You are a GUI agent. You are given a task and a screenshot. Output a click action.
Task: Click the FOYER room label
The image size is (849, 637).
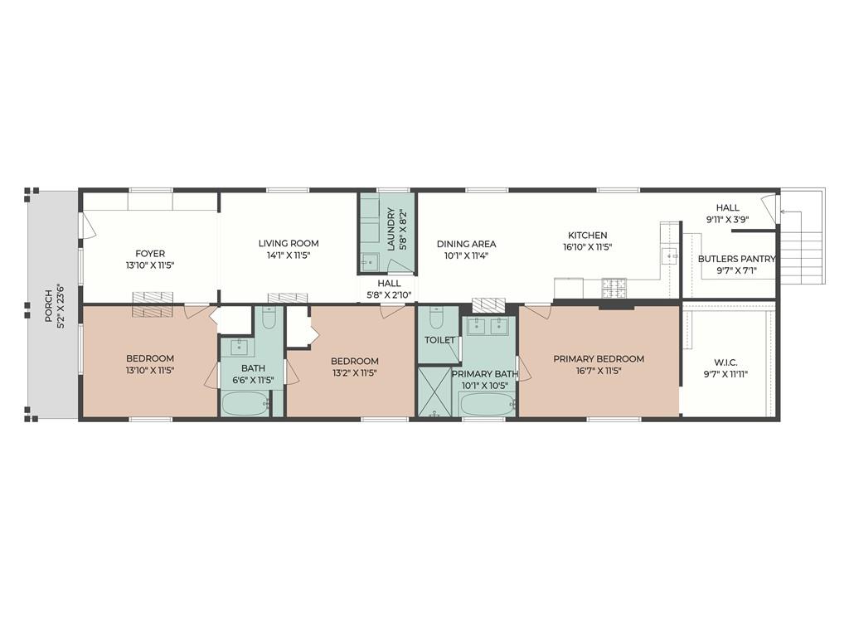[x=150, y=254]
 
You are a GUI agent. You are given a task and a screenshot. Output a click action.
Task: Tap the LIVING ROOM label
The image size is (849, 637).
[x=289, y=243]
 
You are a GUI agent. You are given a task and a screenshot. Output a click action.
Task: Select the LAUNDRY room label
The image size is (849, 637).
[x=391, y=229]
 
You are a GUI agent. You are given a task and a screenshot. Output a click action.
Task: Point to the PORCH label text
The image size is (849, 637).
[x=48, y=306]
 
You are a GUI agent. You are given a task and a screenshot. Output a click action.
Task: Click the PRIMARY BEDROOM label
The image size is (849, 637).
[x=599, y=358]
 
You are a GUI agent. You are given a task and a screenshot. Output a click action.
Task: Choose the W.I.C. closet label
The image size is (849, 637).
[x=726, y=362]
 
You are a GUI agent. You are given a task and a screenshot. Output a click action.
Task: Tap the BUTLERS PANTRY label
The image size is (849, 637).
[x=736, y=259]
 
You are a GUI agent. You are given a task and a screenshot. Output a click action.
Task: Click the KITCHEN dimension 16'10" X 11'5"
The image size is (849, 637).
[x=588, y=247]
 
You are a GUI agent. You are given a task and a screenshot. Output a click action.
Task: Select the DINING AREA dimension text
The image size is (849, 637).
[x=466, y=256]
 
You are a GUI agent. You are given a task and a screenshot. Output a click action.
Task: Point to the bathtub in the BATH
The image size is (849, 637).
[x=245, y=405]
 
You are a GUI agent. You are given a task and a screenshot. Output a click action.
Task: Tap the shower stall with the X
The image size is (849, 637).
[x=434, y=392]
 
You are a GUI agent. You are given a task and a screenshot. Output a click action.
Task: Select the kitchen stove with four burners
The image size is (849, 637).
[x=614, y=288]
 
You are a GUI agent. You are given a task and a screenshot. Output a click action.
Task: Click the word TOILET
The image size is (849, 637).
[x=439, y=340]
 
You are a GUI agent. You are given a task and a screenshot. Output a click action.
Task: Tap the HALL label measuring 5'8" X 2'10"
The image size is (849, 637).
[x=389, y=289]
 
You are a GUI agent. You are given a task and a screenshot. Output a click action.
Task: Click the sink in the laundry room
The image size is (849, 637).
[x=371, y=263]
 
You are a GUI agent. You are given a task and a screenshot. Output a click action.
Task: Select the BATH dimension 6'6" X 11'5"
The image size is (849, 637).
[x=253, y=380]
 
